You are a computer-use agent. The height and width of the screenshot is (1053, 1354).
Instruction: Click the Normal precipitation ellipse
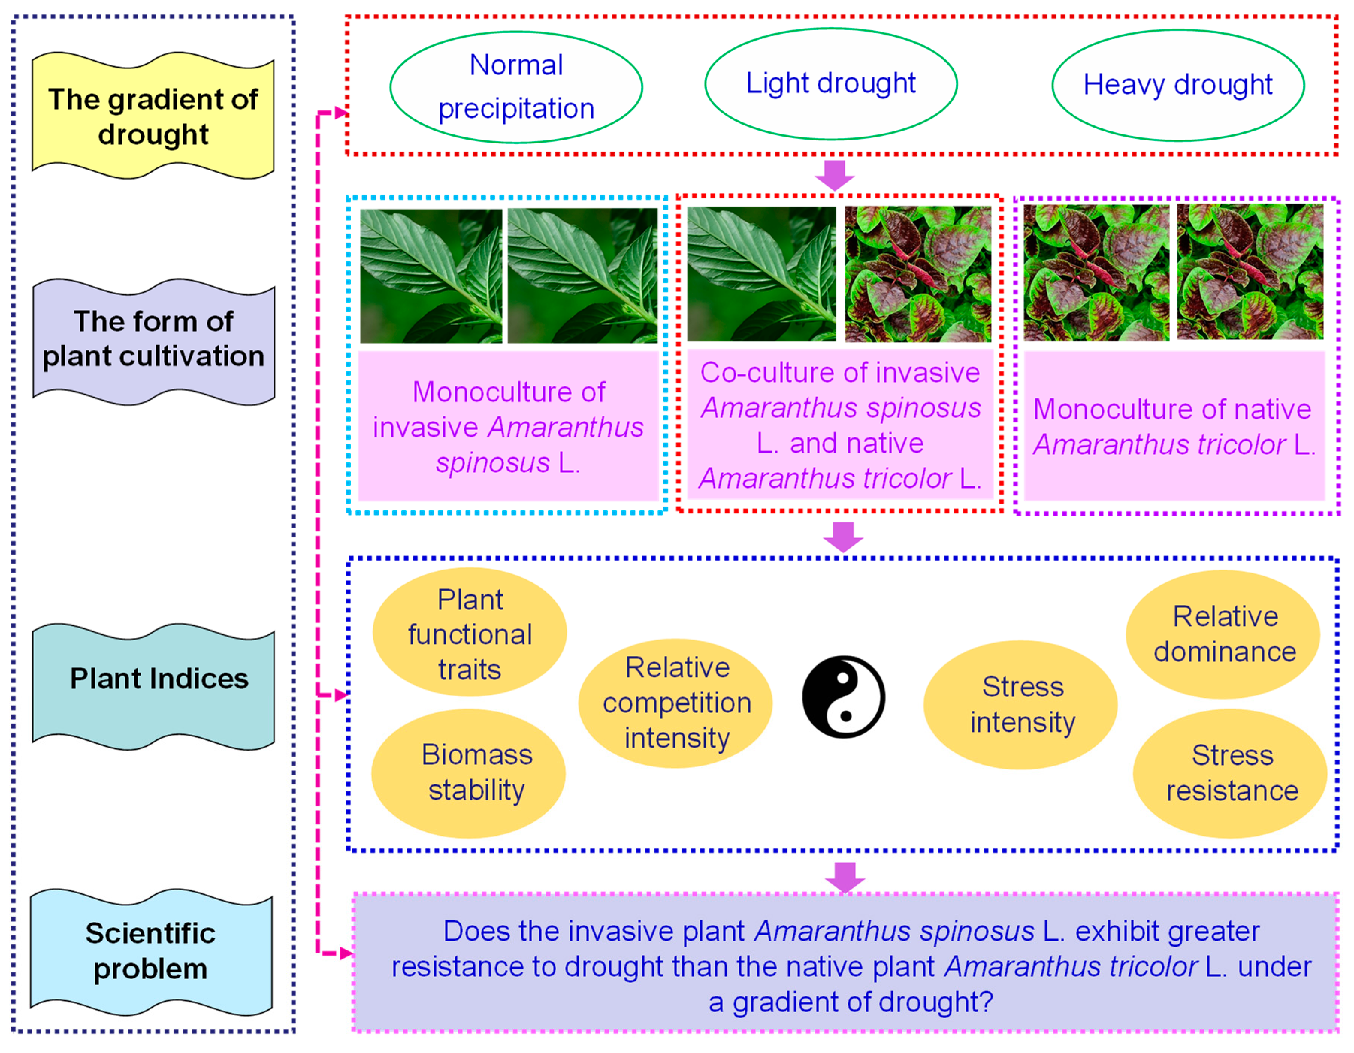coord(516,87)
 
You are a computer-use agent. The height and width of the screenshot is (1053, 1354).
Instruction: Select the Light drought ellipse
coord(831,84)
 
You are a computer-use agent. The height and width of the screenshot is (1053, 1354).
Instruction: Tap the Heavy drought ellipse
coord(1177,85)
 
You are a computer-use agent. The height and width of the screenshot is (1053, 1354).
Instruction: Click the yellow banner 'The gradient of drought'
coord(153,116)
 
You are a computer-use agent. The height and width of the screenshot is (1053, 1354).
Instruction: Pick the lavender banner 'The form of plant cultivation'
coord(153,339)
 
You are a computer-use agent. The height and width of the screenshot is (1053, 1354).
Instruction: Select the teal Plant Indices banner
coord(153,679)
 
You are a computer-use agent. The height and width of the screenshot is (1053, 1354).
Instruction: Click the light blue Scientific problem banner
coord(151,951)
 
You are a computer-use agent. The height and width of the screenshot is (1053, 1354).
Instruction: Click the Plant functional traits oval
coord(469,634)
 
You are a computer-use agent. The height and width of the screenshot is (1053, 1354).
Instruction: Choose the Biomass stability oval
coord(469,773)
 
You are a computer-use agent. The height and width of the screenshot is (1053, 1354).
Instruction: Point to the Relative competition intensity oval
coord(676,703)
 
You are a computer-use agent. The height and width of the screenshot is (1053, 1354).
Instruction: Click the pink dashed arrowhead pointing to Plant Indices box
coord(341,695)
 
